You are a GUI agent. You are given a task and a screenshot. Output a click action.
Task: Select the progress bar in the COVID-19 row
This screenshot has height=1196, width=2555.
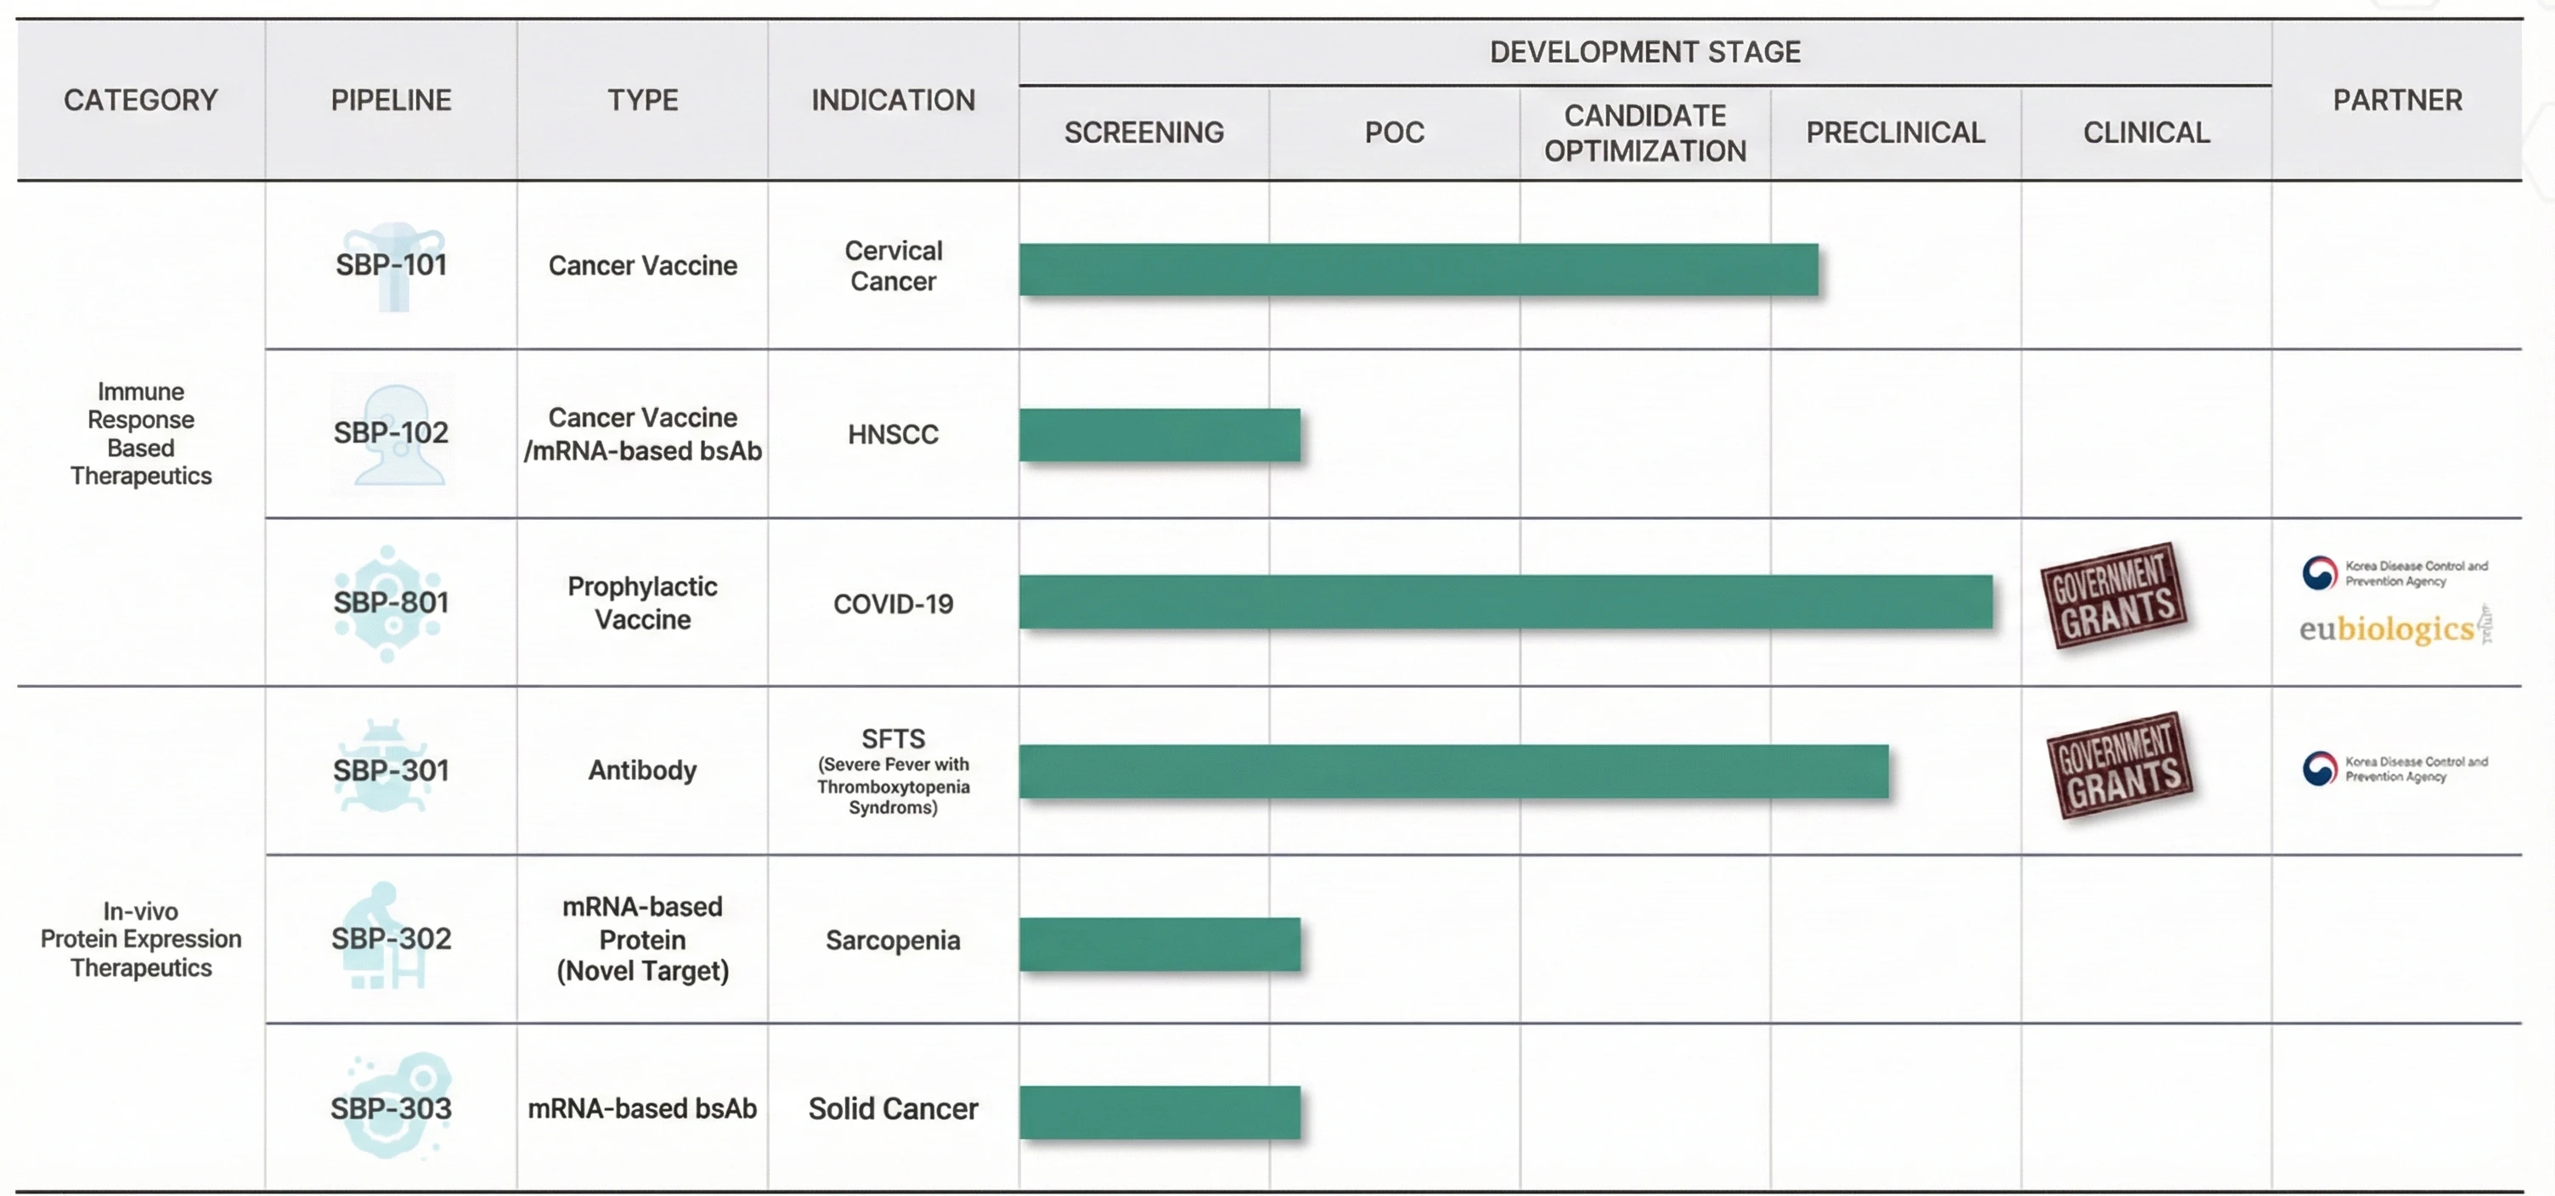(x=1504, y=601)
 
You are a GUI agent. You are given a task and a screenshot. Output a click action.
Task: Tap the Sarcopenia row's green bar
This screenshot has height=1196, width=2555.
(x=1159, y=943)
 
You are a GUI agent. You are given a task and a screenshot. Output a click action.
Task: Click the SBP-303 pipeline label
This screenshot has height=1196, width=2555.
(x=391, y=1108)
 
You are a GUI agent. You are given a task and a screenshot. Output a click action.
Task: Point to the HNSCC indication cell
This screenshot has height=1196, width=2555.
(x=893, y=434)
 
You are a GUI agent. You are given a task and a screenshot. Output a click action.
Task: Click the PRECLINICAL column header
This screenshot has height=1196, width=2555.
(x=1894, y=133)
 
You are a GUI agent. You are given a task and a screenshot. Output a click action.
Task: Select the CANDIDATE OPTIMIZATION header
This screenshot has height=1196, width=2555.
(x=1644, y=133)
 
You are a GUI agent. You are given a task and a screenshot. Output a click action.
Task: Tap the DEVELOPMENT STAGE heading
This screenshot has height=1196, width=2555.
(x=1644, y=52)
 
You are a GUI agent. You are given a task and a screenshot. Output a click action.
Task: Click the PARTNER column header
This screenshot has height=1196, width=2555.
(x=2396, y=100)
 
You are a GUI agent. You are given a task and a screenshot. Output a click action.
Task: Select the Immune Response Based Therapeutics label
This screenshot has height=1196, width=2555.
(x=141, y=433)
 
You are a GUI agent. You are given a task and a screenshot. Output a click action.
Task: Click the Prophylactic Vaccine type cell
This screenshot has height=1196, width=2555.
(x=643, y=602)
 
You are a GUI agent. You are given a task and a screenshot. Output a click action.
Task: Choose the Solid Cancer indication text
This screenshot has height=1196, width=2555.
(x=893, y=1108)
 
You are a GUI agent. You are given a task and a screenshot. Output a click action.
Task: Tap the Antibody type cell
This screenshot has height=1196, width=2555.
(x=643, y=770)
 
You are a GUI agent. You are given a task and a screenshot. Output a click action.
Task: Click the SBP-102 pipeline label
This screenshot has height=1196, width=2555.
(x=391, y=432)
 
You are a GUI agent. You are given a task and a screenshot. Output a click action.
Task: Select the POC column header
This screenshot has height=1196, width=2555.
(x=1394, y=133)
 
